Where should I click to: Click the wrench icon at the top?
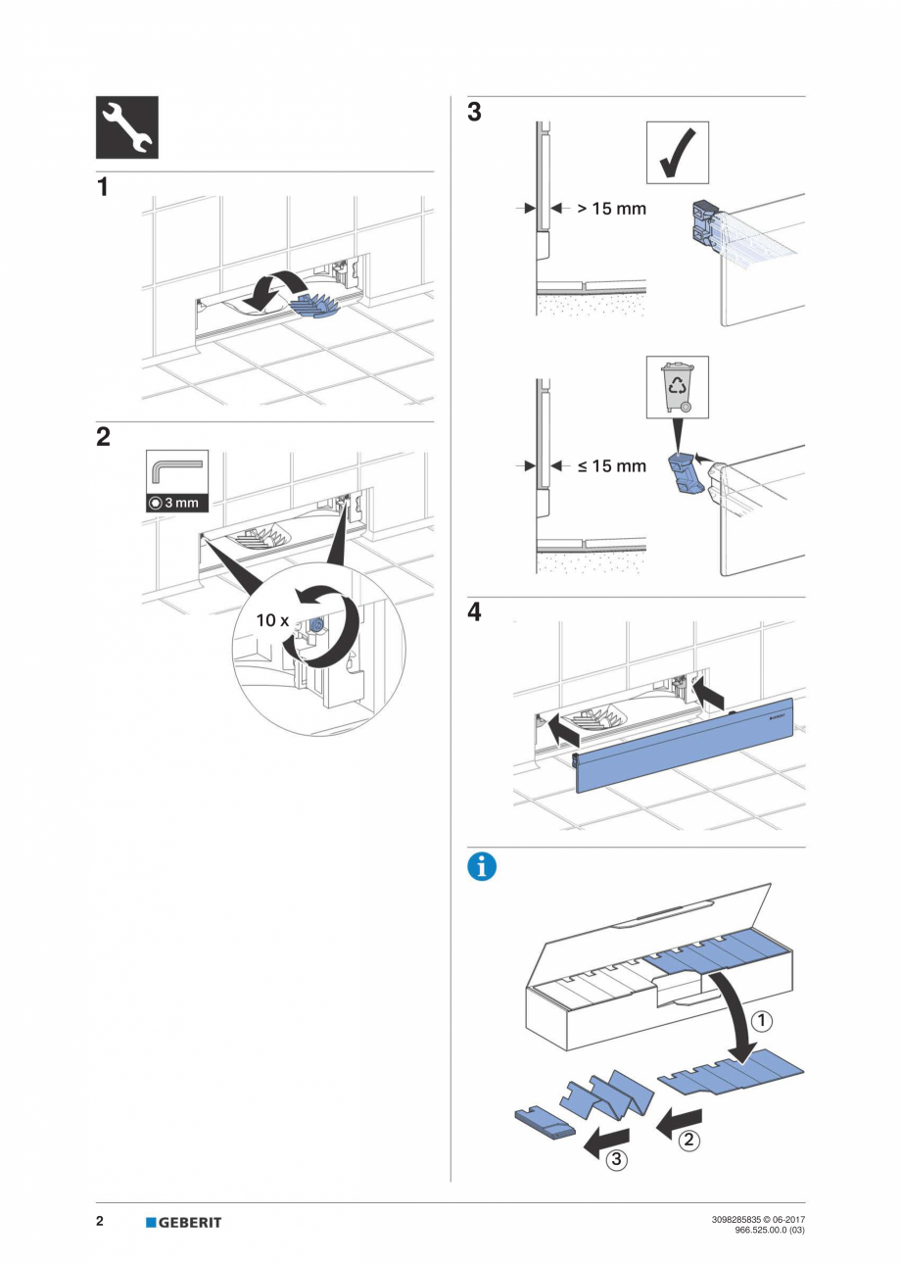pyautogui.click(x=126, y=127)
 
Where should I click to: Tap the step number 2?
pyautogui.click(x=103, y=438)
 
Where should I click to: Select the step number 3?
pyautogui.click(x=474, y=113)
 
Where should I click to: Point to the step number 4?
pyautogui.click(x=474, y=612)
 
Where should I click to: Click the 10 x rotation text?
pyautogui.click(x=272, y=620)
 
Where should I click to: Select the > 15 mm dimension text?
pyautogui.click(x=610, y=209)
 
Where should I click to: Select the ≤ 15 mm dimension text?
pyautogui.click(x=610, y=465)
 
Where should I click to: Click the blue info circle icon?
pyautogui.click(x=482, y=867)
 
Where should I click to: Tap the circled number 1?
pyautogui.click(x=761, y=1021)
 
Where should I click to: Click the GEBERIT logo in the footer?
pyautogui.click(x=183, y=1222)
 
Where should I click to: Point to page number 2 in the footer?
pyautogui.click(x=100, y=1222)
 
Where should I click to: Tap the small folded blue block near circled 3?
pyautogui.click(x=545, y=1124)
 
